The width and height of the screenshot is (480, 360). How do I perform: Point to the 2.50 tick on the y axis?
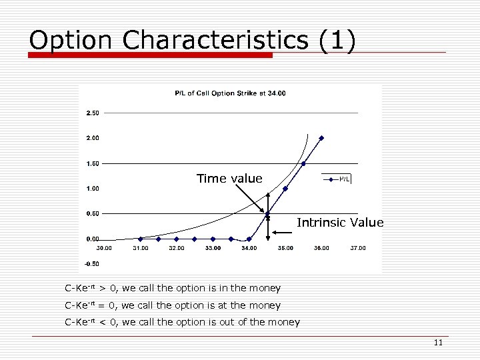click(93, 113)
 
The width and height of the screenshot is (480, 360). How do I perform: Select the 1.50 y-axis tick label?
click(93, 163)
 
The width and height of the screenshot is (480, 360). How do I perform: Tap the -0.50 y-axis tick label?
click(92, 263)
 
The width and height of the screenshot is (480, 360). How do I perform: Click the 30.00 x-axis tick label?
click(104, 248)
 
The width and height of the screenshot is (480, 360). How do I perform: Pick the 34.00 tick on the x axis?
click(249, 248)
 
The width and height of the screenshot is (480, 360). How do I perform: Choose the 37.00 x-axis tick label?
click(358, 248)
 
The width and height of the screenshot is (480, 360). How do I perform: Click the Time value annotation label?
click(229, 179)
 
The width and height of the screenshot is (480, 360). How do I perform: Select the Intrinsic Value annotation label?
click(340, 223)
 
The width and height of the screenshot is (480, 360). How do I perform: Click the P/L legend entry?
click(339, 179)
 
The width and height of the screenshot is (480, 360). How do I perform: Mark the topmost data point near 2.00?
click(321, 138)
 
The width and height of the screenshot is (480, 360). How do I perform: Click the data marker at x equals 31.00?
click(140, 239)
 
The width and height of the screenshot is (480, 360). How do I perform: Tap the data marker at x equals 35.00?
click(285, 189)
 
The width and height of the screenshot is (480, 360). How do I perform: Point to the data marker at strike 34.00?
click(249, 239)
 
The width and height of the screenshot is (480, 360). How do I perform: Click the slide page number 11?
click(438, 343)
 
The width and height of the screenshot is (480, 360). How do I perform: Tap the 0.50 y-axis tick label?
click(93, 213)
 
